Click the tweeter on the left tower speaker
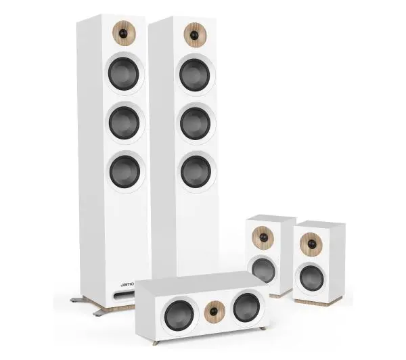tap(125, 33)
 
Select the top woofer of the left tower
tap(124, 74)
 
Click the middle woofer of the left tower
tap(125, 122)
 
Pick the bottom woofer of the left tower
tap(125, 171)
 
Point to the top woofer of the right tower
tap(195, 75)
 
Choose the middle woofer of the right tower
tap(196, 123)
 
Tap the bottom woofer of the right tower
tap(196, 172)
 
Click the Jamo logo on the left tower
tap(127, 284)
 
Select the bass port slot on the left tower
tap(125, 294)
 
